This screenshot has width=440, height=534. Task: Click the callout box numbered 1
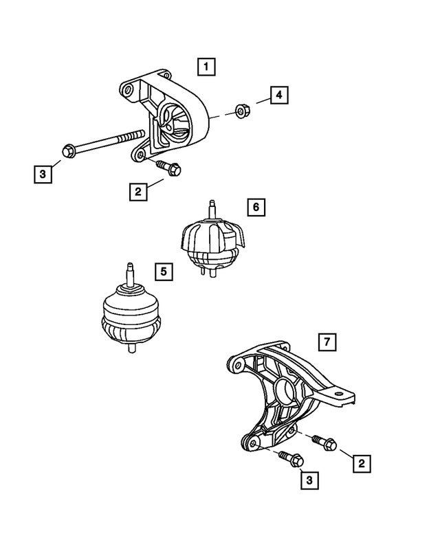[206, 67]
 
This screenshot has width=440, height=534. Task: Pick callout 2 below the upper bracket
[138, 192]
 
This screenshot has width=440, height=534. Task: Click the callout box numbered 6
[255, 206]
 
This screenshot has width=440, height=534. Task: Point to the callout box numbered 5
[163, 273]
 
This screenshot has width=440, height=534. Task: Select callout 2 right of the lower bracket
[359, 464]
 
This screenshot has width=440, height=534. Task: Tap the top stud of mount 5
[128, 273]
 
